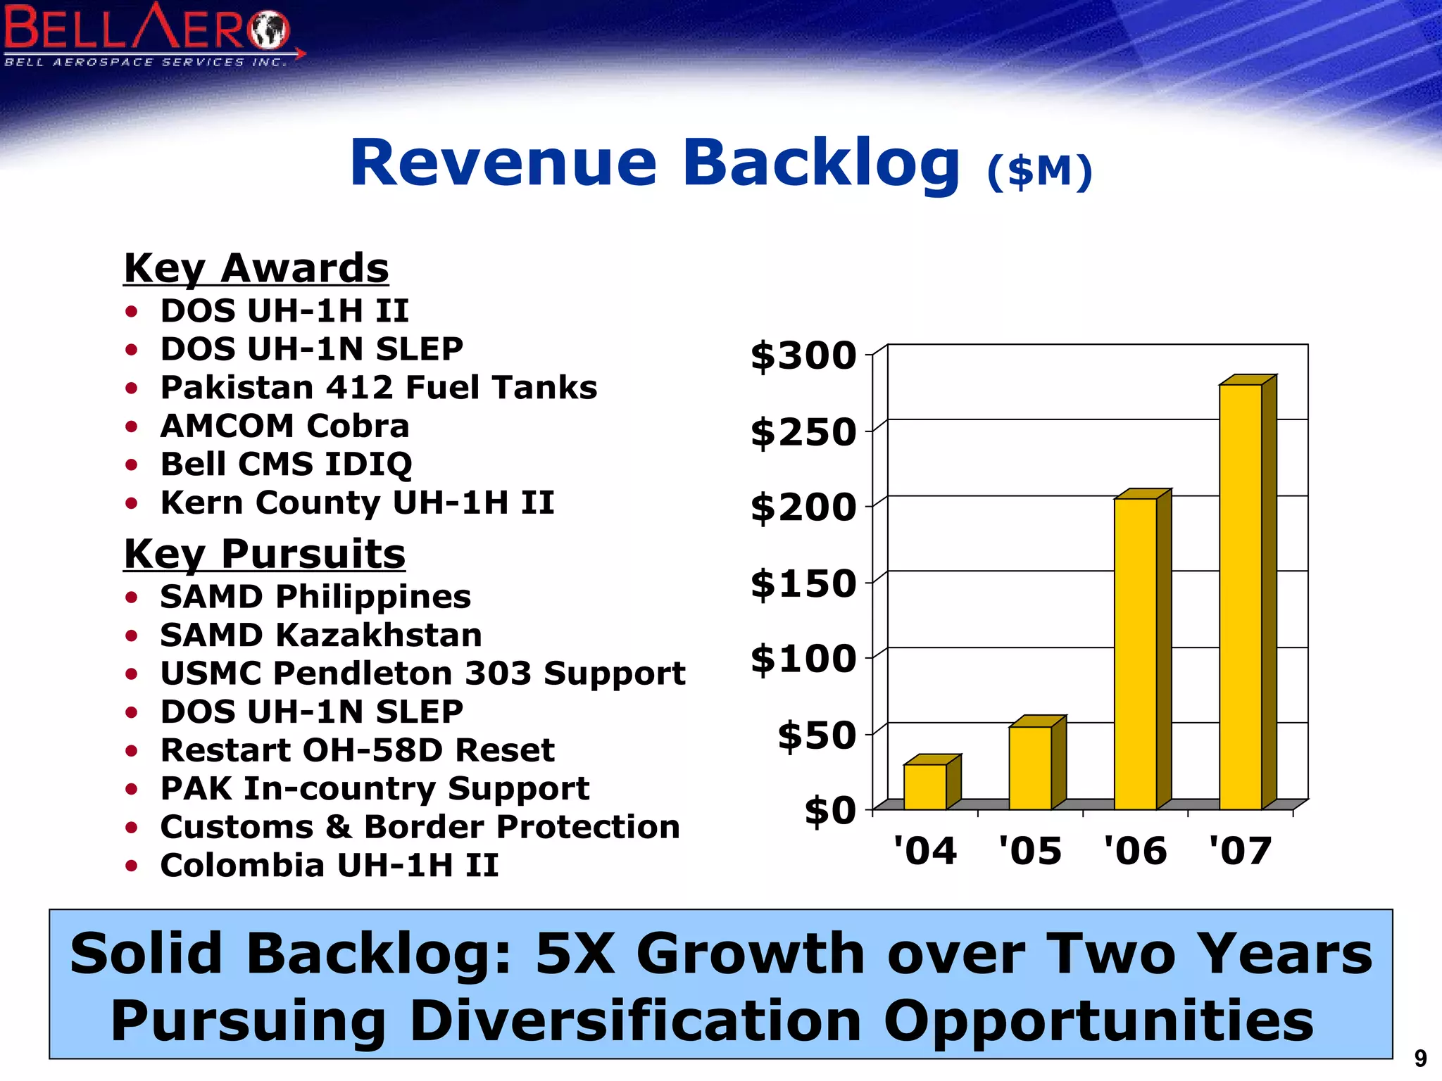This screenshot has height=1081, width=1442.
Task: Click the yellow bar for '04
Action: tap(924, 786)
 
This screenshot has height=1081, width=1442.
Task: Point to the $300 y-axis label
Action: tap(803, 355)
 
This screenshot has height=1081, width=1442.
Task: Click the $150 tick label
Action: tap(803, 583)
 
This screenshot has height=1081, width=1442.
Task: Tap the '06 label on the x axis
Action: tap(1135, 851)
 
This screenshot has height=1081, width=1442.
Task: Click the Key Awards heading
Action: tap(256, 268)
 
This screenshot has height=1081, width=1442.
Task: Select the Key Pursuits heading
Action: tap(265, 554)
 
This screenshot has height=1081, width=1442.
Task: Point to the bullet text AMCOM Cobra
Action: tap(284, 426)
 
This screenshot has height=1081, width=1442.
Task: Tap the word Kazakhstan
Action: tap(379, 635)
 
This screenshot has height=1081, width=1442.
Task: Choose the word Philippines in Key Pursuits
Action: tap(373, 598)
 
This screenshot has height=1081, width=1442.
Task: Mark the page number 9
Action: tap(1420, 1058)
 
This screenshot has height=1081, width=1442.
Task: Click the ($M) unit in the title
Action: tap(1039, 171)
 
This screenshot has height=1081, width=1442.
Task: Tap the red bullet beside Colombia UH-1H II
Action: tap(131, 866)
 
